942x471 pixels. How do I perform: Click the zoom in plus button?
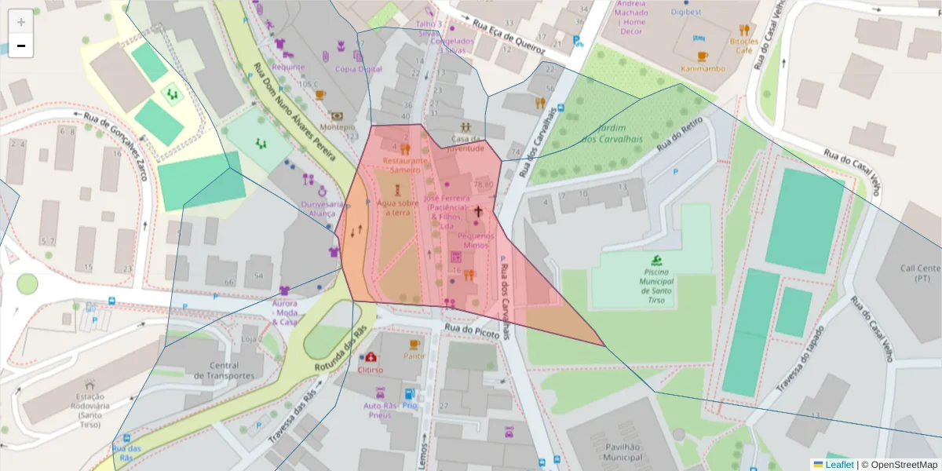point(21,22)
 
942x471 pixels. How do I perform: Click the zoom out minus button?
point(21,46)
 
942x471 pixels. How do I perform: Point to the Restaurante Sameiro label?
point(405,165)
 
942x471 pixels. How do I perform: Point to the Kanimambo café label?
point(703,69)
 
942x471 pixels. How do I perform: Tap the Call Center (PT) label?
point(920,272)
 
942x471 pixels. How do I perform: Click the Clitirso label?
point(370,370)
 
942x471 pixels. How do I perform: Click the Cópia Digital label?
point(358,69)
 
